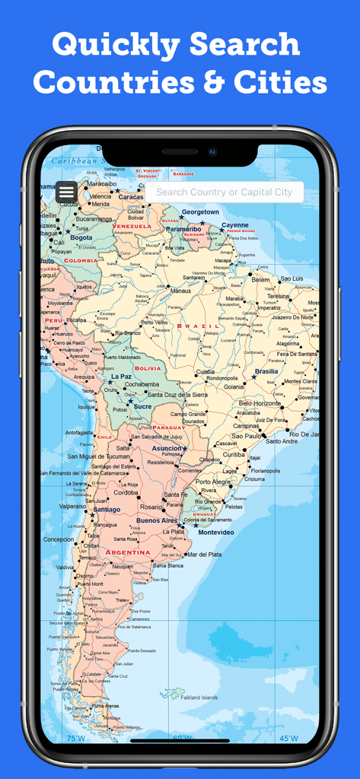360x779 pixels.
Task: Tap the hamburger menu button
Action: click(66, 192)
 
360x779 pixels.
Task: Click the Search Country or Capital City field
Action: click(225, 192)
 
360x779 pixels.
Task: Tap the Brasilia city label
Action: click(266, 371)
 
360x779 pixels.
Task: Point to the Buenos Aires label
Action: click(158, 520)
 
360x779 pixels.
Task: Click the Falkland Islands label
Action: click(199, 698)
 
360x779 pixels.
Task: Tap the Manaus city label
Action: click(180, 291)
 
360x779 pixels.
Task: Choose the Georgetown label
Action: click(200, 211)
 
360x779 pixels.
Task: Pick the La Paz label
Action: click(121, 377)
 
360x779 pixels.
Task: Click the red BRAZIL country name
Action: click(198, 326)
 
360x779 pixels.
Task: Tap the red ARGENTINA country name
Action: click(128, 552)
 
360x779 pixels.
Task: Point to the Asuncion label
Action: click(166, 448)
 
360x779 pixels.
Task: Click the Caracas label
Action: click(131, 196)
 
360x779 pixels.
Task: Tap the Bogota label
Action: click(81, 237)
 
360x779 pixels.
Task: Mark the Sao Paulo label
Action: click(247, 437)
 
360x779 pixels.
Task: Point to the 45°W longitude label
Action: click(288, 738)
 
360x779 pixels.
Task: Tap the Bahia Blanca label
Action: click(168, 565)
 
